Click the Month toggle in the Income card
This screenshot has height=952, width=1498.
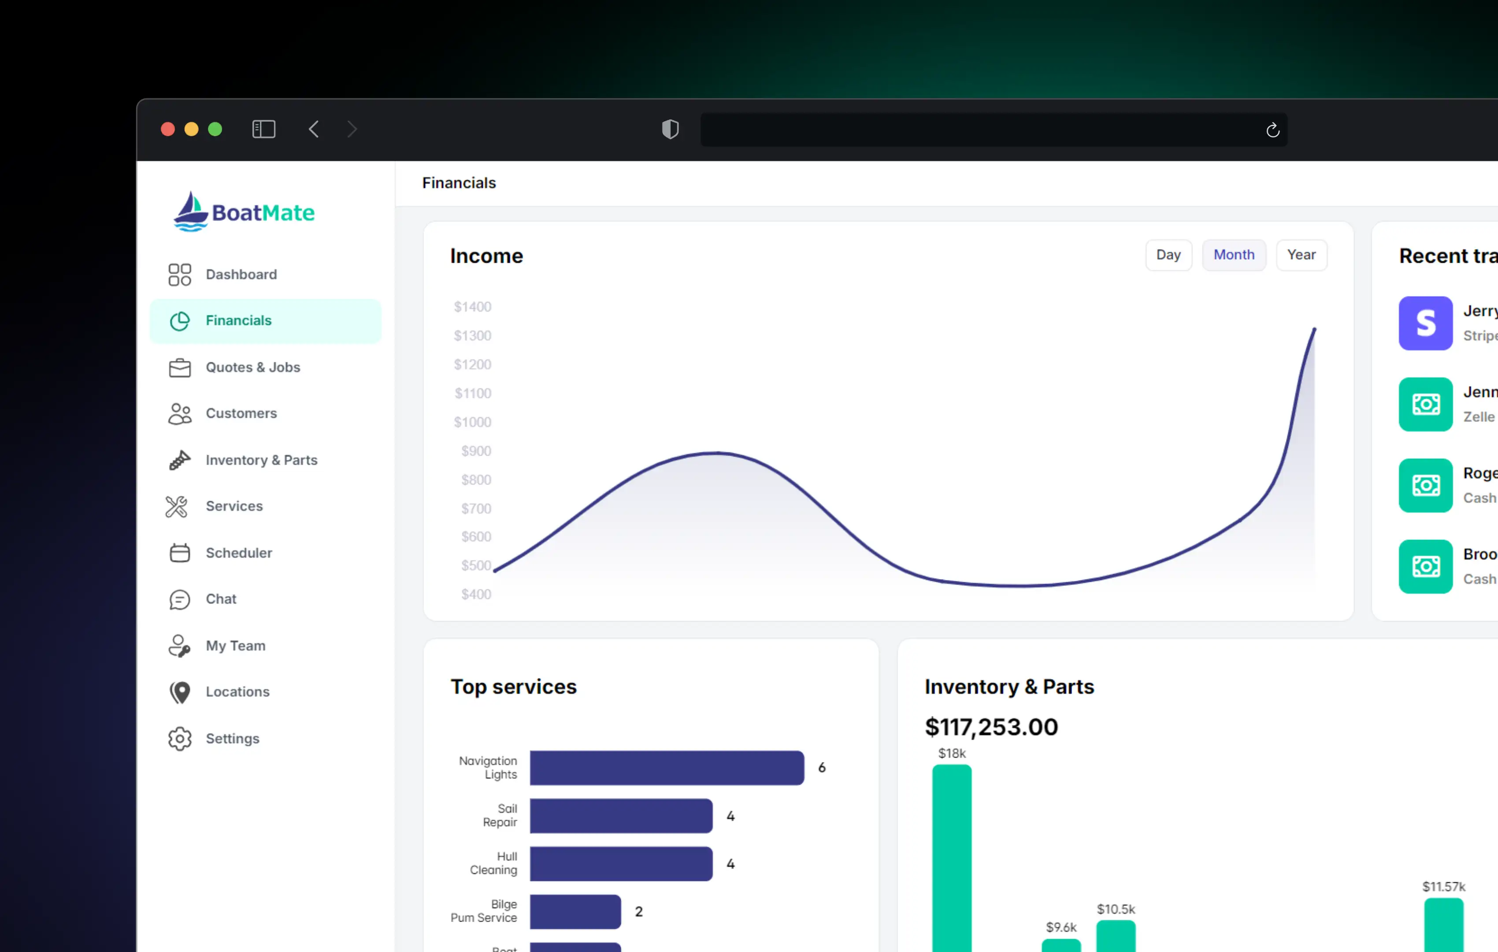[1234, 255]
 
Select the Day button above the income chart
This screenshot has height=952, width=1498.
[1168, 255]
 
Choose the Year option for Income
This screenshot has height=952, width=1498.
[1301, 255]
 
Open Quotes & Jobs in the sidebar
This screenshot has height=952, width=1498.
[252, 367]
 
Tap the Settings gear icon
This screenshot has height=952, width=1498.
[180, 739]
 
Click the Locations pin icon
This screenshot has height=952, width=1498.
[180, 692]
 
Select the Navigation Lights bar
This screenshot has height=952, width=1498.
[666, 768]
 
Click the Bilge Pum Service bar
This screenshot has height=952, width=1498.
[575, 911]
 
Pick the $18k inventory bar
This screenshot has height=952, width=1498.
[951, 859]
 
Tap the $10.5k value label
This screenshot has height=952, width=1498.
[1116, 909]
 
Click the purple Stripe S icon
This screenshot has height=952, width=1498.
[1425, 324]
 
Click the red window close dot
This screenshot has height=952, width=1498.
[167, 130]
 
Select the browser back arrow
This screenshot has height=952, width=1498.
[314, 130]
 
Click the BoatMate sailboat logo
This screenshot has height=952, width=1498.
[190, 212]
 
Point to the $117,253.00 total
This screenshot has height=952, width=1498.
[991, 727]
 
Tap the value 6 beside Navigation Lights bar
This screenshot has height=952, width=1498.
[821, 768]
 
